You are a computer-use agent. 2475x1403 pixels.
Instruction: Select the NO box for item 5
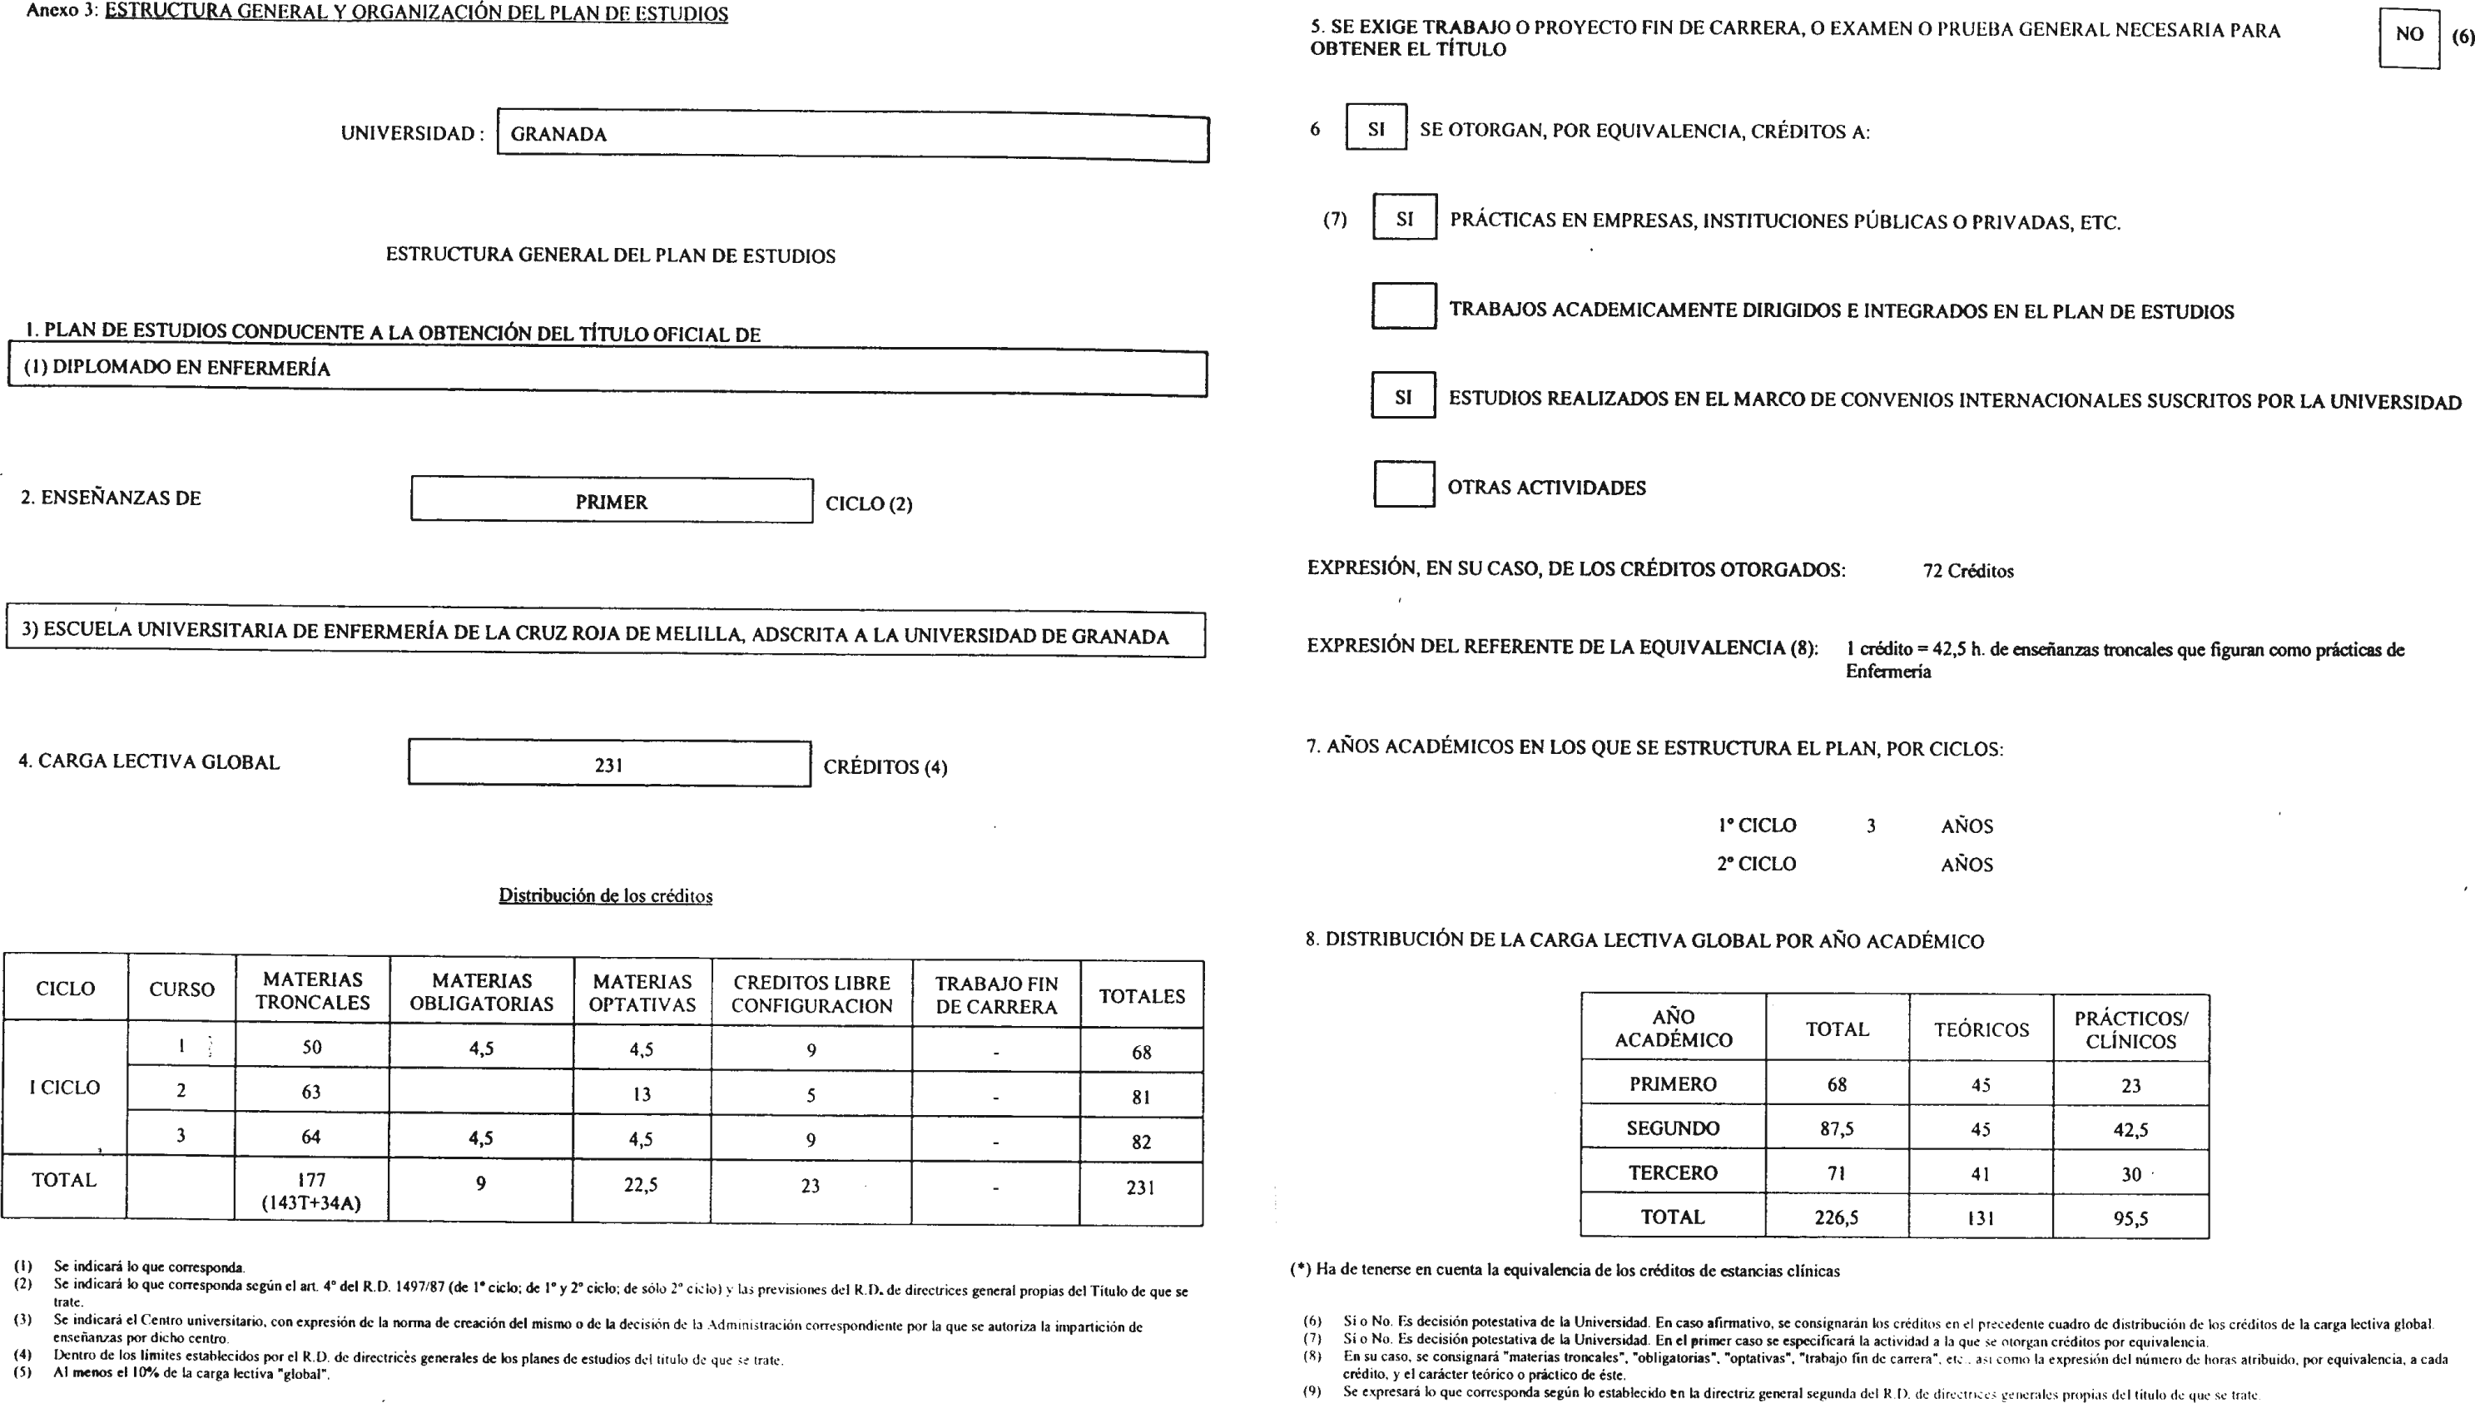2408,36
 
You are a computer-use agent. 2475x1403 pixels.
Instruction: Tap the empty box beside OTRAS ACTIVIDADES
1403,484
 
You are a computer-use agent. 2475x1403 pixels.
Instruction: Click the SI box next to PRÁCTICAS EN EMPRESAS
1404,219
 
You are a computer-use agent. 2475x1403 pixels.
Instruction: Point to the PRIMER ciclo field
611,502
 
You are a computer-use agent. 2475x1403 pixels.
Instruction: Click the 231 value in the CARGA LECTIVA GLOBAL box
609,765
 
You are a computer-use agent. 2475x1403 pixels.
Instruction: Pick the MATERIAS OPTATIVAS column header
642,994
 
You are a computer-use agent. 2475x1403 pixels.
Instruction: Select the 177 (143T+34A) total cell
311,1191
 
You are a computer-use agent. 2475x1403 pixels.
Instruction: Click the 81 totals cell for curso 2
1141,1097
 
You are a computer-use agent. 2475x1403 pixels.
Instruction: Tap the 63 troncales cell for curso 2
311,1092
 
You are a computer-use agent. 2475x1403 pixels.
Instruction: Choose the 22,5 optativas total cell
641,1185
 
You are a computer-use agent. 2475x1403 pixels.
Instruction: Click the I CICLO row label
65,1088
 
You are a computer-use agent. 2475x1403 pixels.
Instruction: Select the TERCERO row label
1673,1172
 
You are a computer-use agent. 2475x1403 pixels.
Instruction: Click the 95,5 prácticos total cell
2130,1218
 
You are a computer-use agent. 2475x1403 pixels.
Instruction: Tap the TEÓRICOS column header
1981,1030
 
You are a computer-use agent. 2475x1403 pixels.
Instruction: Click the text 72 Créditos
1967,572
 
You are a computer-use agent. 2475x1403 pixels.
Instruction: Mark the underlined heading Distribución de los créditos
605,896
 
